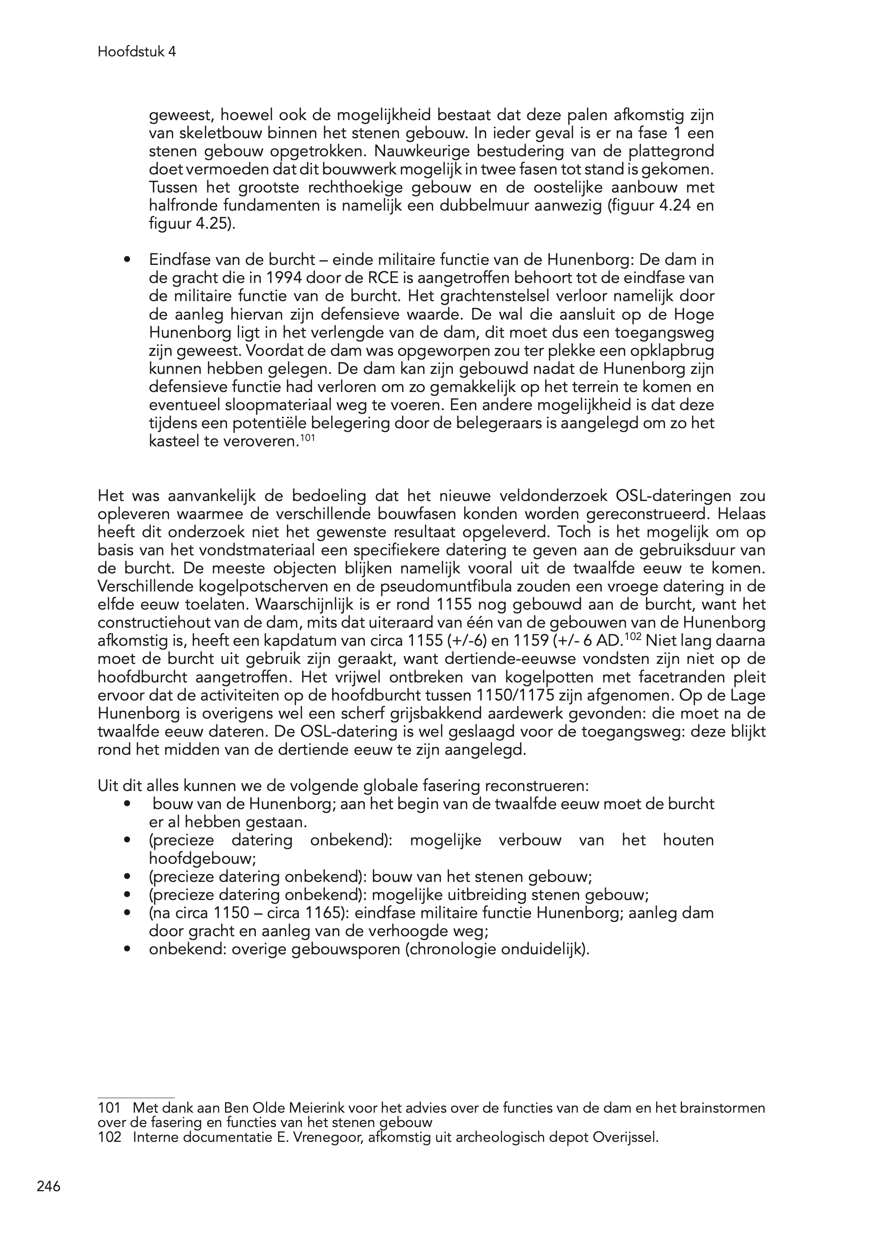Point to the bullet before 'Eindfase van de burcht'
pos(127,260)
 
